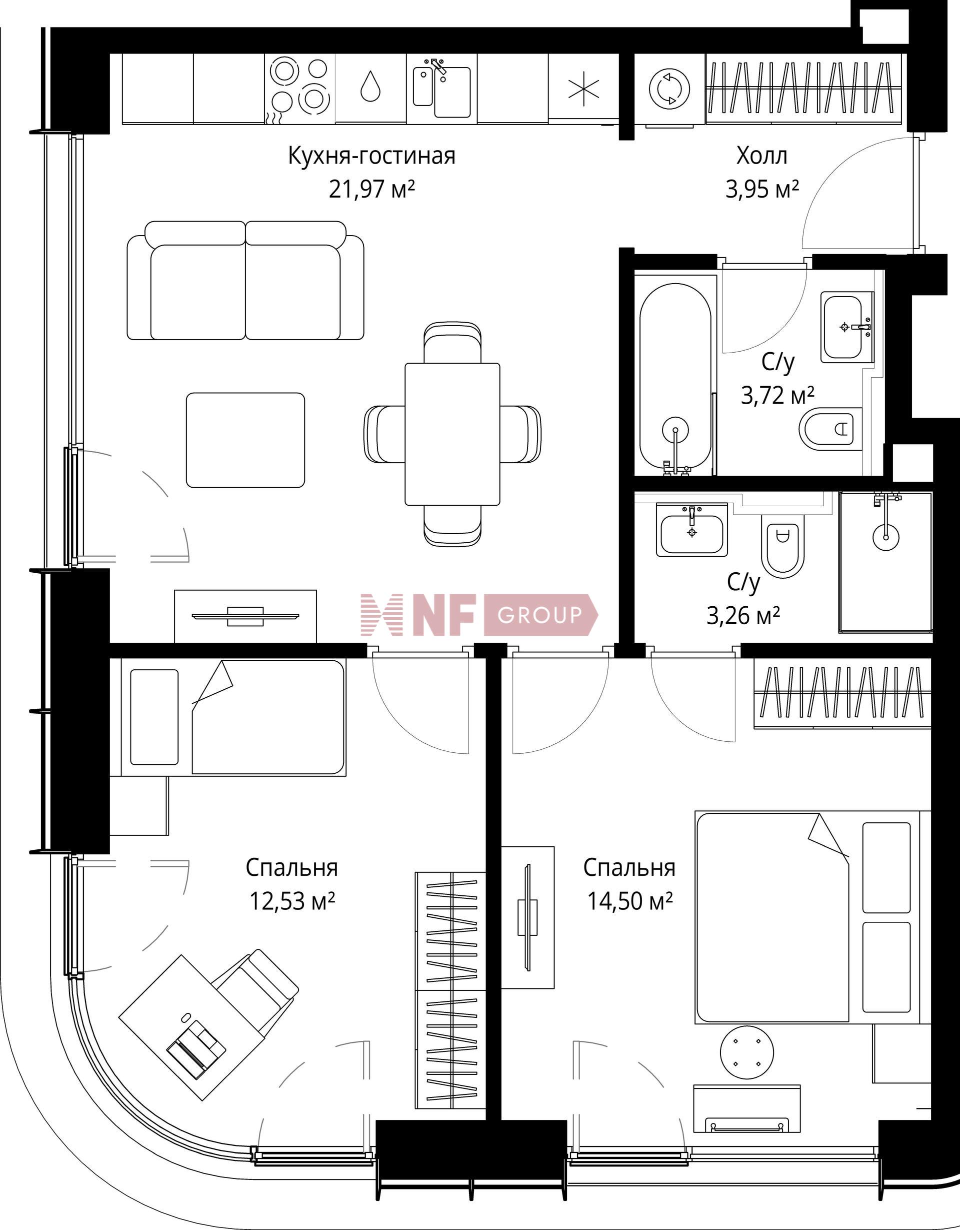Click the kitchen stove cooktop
tap(299, 88)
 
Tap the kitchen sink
tap(442, 90)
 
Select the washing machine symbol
tap(669, 88)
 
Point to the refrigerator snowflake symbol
tap(583, 89)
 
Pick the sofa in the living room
tap(245, 280)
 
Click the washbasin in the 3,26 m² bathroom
tap(692, 529)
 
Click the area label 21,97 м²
tap(371, 189)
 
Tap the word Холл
tap(762, 156)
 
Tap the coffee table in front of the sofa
tap(245, 440)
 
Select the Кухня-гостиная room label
tap(371, 156)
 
